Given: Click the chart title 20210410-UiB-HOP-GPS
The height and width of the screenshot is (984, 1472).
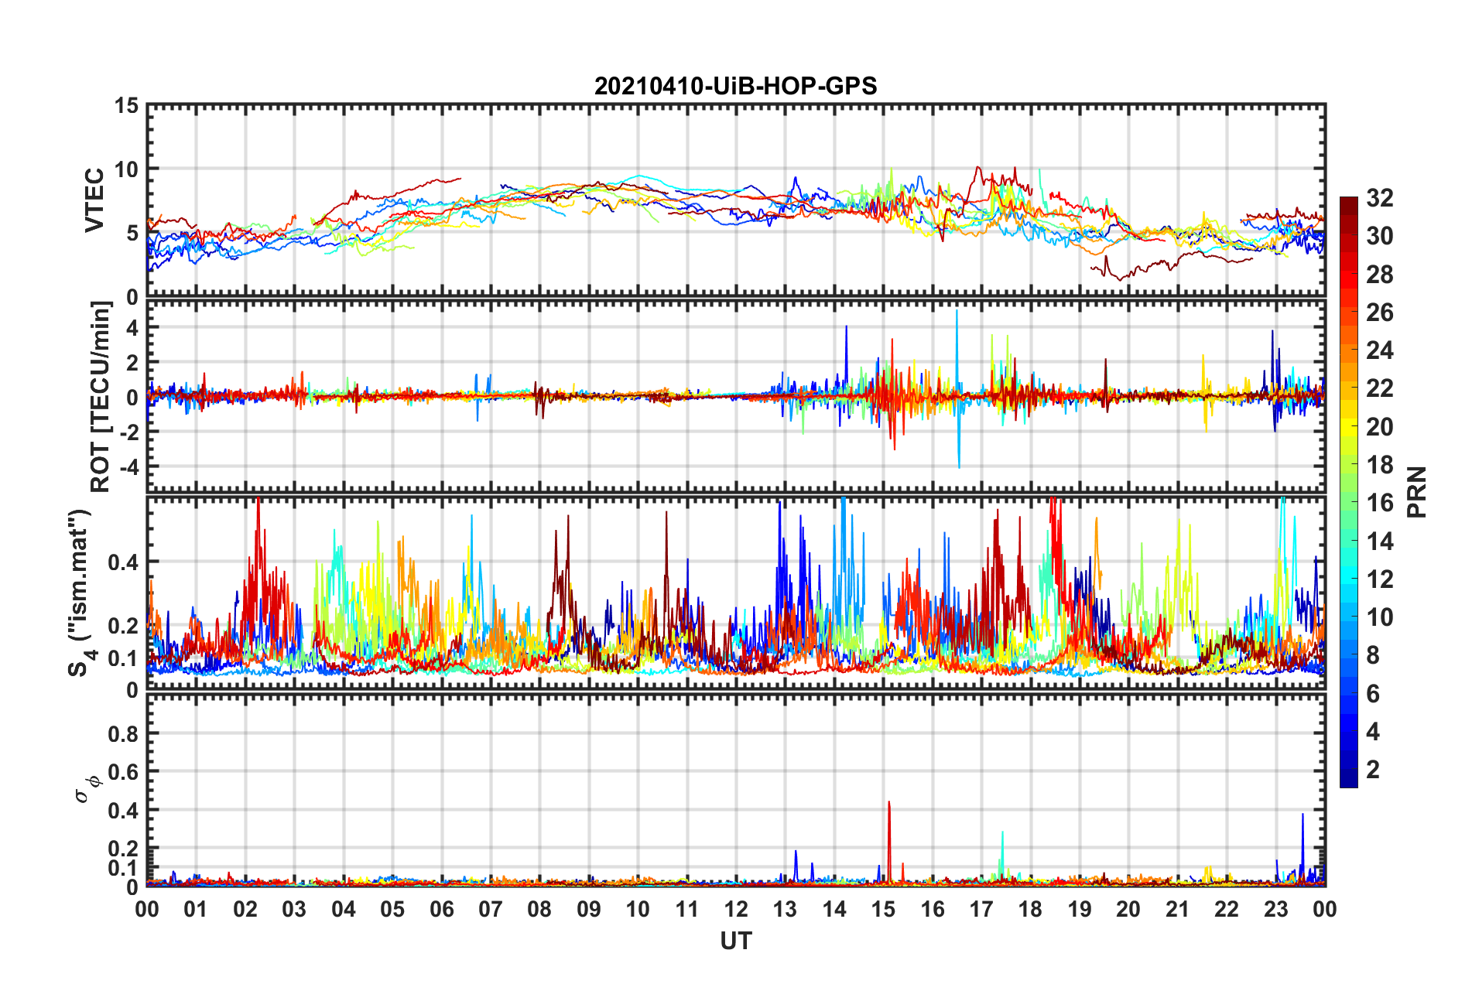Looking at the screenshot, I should point(735,86).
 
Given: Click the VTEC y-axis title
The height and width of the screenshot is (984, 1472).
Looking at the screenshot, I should point(94,200).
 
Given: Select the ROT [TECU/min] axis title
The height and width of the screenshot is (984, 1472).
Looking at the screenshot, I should point(101,397).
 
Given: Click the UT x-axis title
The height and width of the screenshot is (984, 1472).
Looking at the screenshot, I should point(735,941).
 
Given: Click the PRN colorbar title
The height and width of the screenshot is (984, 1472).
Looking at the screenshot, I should point(1416,492).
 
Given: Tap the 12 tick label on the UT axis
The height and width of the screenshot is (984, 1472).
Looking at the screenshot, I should point(736,909).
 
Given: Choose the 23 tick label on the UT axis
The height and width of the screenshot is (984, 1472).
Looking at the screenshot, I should point(1275,909).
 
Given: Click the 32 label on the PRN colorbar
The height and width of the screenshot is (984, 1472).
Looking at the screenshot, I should point(1379,198).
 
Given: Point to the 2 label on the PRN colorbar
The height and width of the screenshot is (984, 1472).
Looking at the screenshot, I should point(1373,770).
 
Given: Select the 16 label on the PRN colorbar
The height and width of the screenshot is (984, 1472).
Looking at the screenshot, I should point(1379,503).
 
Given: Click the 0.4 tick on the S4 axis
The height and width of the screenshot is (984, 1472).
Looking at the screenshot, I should point(122,562).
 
